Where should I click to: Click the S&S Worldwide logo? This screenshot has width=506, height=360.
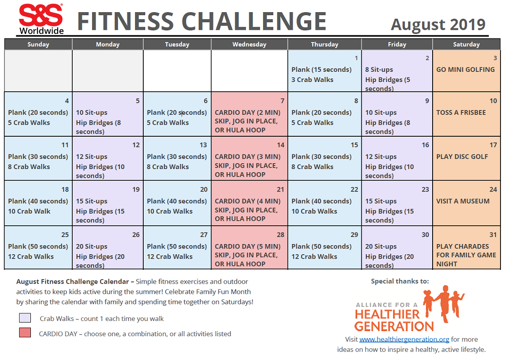[x=41, y=19]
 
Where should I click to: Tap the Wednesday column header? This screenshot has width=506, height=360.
[x=249, y=44]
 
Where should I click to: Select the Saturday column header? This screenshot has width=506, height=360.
[x=467, y=44]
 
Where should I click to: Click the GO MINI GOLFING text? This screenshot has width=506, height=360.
[x=466, y=69]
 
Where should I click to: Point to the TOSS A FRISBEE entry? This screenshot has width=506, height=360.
[x=461, y=112]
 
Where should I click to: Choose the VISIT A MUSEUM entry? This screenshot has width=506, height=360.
[x=463, y=201]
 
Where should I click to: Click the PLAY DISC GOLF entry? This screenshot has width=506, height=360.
[x=462, y=156]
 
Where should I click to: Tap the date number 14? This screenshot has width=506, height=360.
[x=280, y=145]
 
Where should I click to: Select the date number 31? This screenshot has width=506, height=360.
[x=493, y=235]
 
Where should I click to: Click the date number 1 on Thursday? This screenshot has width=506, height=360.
[x=356, y=58]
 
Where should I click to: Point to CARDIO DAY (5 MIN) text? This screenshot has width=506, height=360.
[x=247, y=247]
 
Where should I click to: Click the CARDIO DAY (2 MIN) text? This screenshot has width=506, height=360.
[x=247, y=112]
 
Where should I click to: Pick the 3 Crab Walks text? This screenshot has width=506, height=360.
[x=312, y=80]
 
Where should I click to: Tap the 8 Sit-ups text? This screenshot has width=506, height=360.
[x=379, y=70]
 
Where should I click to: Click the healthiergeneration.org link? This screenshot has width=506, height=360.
[x=404, y=339]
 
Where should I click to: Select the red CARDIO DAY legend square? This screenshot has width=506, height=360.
[x=25, y=333]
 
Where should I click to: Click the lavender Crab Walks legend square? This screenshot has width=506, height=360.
[x=25, y=317]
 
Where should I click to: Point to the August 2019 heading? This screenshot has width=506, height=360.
[x=438, y=24]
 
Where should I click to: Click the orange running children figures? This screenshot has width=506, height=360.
[x=443, y=303]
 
